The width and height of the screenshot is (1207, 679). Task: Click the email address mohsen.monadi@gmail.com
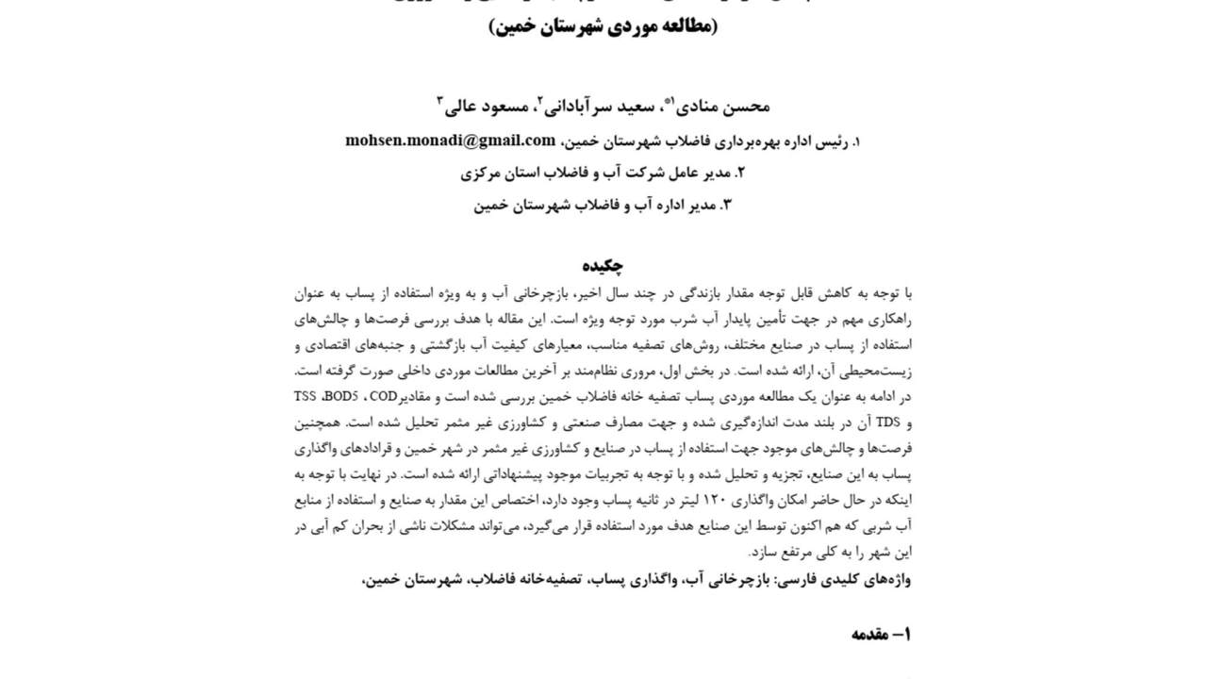coord(450,141)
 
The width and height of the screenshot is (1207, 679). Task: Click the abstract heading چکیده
coord(603,266)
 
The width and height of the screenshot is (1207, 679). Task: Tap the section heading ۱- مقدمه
coord(881,634)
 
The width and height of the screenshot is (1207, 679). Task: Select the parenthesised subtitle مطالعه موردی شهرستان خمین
coord(603,25)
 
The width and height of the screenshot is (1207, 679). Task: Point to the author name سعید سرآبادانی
coord(599,106)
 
